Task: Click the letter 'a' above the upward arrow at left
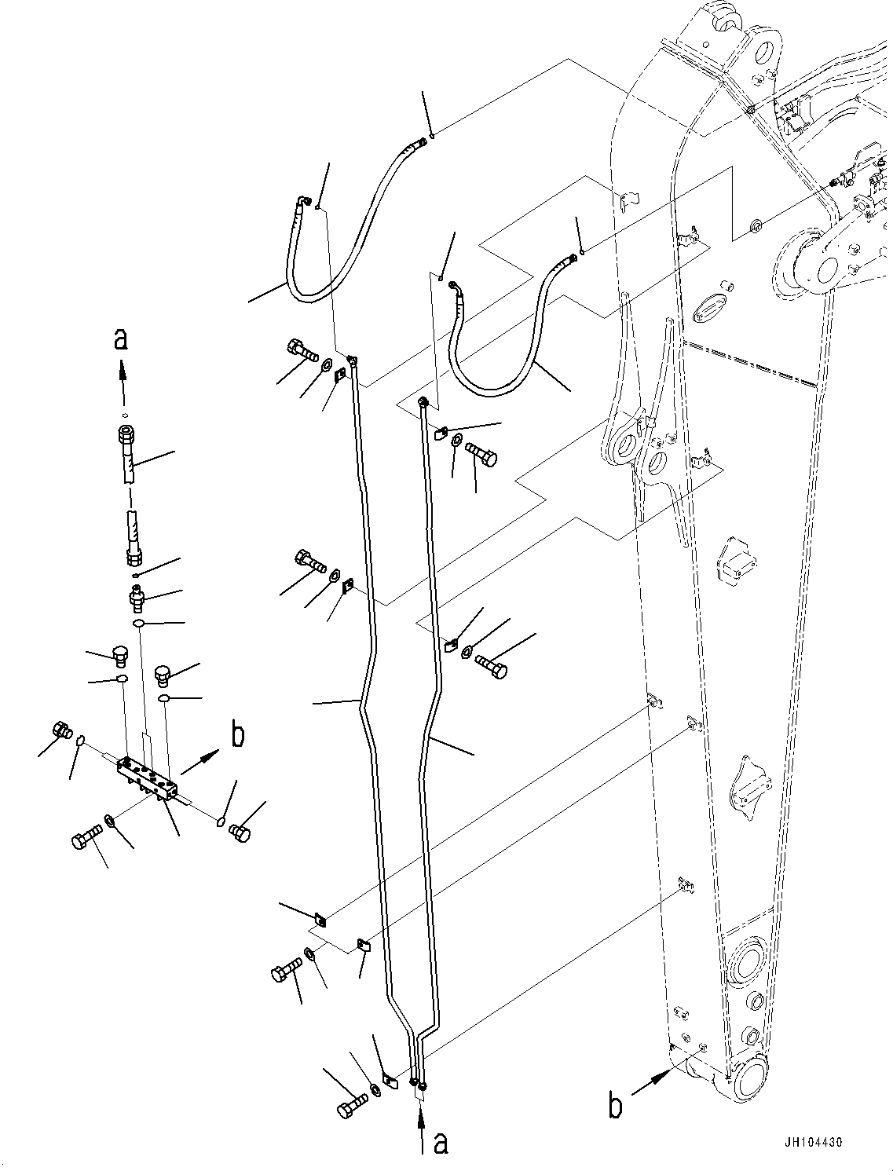tap(120, 339)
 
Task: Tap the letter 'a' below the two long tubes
tap(441, 1143)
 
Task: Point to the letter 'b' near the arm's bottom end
tap(616, 1106)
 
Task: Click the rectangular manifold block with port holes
tap(148, 778)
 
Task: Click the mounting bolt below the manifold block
tap(86, 836)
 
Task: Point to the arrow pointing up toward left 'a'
tap(122, 378)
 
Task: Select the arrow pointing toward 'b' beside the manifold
tap(201, 763)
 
